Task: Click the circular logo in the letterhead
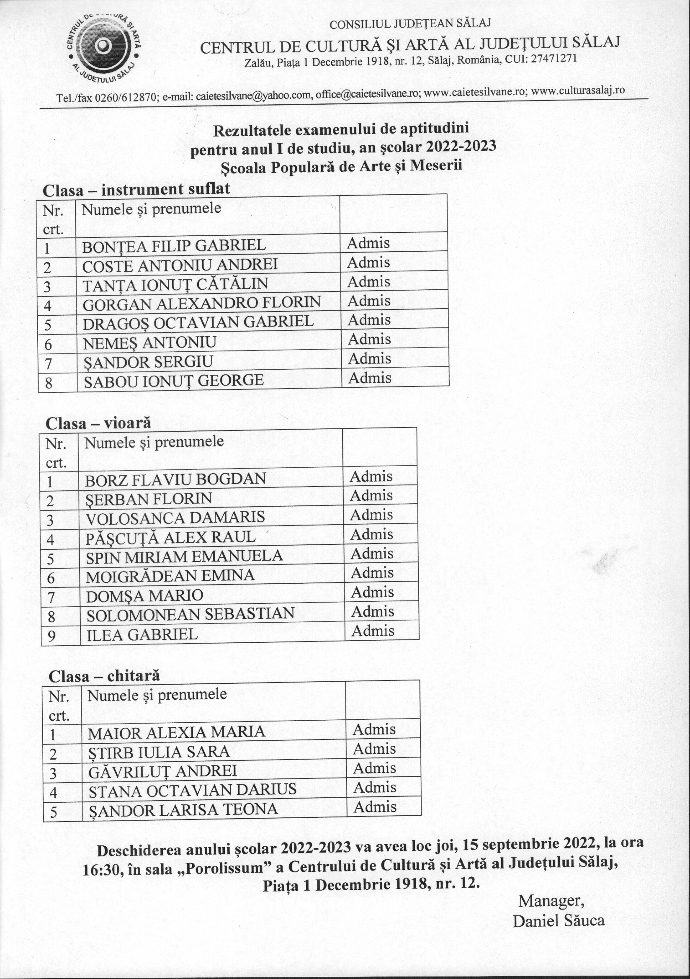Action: pos(104,46)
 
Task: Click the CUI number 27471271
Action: pos(554,59)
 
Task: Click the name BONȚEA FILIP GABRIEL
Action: pos(174,246)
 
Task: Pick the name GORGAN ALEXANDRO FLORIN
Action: pos(201,303)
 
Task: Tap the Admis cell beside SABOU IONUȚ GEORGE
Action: pos(369,378)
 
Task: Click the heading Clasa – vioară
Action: pos(98,423)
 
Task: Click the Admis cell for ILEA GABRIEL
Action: pos(373,631)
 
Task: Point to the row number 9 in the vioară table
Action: pos(51,636)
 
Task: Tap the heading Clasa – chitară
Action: pos(104,676)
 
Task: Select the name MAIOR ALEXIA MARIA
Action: pos(177,732)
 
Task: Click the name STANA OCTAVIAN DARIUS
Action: pos(192,790)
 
